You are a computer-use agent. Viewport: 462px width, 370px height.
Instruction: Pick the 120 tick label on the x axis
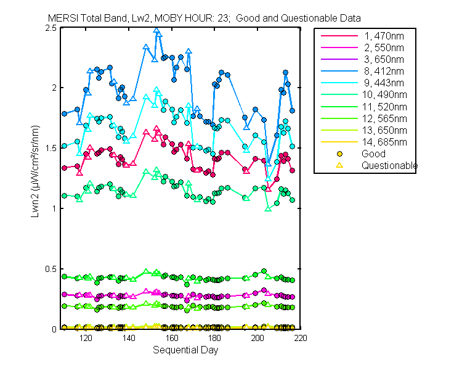coord(86,338)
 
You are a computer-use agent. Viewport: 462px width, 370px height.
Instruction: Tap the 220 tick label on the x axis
coord(301,338)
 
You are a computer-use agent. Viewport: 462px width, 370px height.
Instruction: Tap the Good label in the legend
coord(374,154)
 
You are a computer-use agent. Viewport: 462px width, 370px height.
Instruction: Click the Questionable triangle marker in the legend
coord(339,165)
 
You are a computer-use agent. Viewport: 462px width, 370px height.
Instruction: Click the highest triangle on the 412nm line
coord(156,31)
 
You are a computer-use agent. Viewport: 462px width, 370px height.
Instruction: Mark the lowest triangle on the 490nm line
coord(268,208)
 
